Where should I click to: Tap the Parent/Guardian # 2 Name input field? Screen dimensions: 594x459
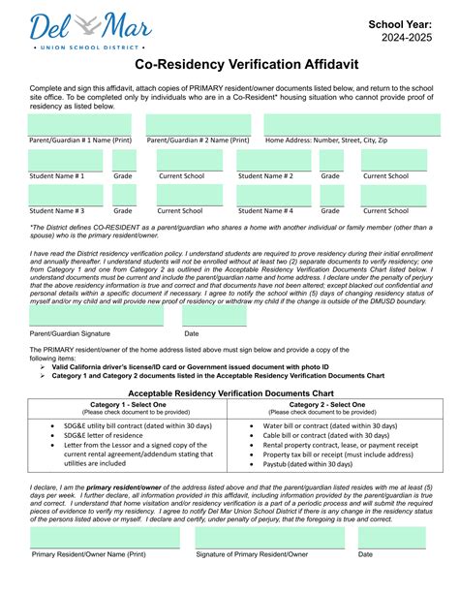(x=199, y=124)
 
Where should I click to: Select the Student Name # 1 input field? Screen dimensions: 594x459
(x=65, y=160)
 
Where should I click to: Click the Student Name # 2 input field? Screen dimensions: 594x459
(x=275, y=160)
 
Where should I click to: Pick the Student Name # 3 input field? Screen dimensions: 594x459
(x=65, y=194)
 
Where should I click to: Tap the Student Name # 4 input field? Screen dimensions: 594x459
(x=275, y=194)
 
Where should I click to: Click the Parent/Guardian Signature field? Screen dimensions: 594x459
(x=82, y=316)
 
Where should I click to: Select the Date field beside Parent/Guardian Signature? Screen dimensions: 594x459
(x=214, y=316)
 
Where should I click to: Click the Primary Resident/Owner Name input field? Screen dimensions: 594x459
(x=105, y=538)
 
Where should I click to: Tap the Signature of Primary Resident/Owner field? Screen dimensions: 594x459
(x=269, y=538)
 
